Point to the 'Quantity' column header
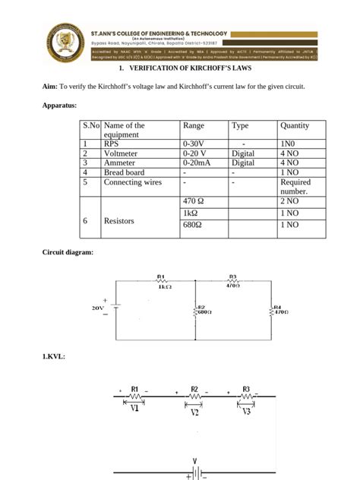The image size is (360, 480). click(x=295, y=125)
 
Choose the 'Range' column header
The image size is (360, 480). click(x=194, y=125)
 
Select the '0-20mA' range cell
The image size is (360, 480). click(x=198, y=163)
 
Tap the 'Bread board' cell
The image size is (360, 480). click(x=124, y=172)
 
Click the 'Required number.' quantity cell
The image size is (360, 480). click(x=295, y=187)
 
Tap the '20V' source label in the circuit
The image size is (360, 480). click(x=97, y=308)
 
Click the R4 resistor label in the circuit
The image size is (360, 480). click(x=277, y=308)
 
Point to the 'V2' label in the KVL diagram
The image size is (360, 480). click(x=194, y=415)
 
